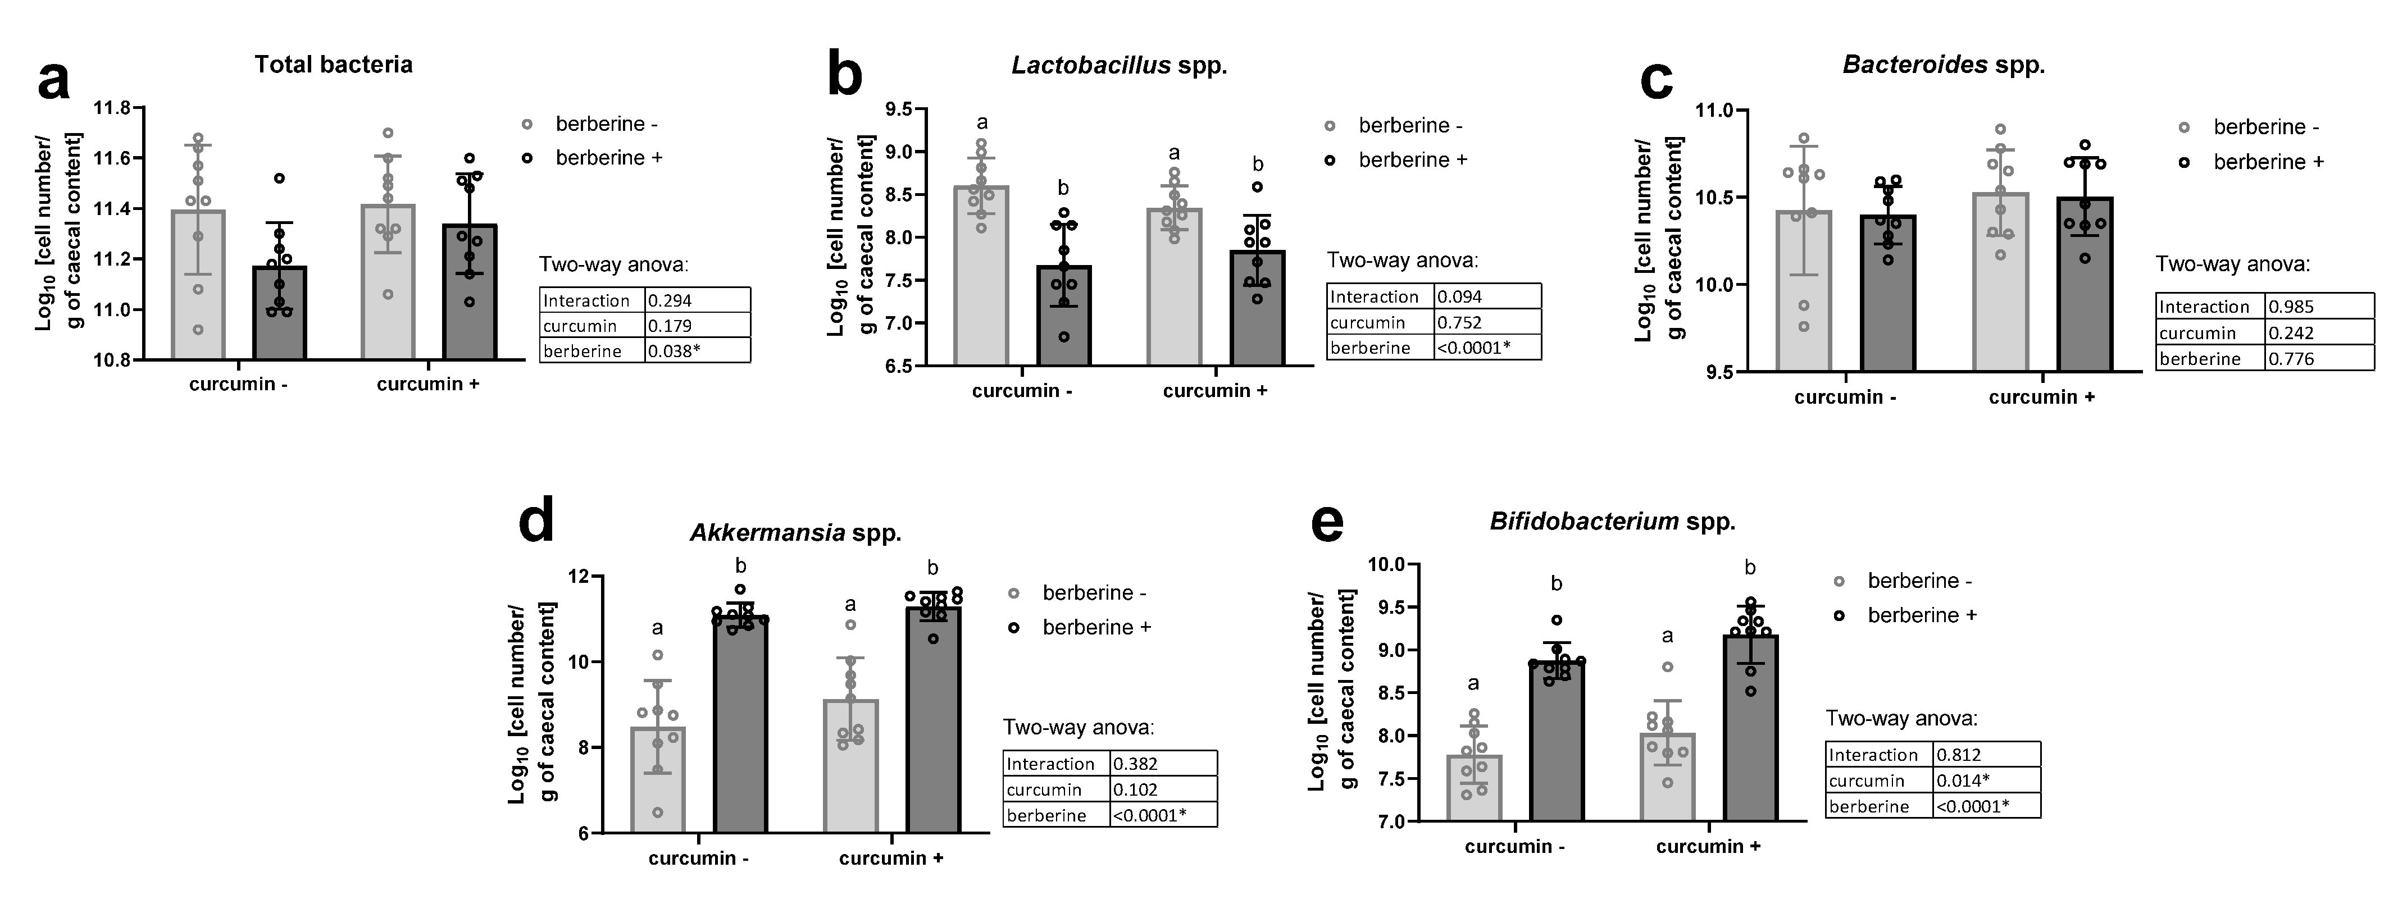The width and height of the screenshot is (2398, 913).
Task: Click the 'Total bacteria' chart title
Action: pos(333,64)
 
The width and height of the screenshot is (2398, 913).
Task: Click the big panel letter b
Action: pos(844,76)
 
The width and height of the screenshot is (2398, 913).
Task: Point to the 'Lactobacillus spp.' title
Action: pos(1119,65)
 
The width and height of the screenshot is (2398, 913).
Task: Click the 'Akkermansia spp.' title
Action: pos(795,533)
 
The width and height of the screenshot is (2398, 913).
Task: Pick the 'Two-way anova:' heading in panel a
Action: pos(613,264)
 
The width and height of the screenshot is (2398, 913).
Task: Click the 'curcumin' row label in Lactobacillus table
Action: pos(1367,322)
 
